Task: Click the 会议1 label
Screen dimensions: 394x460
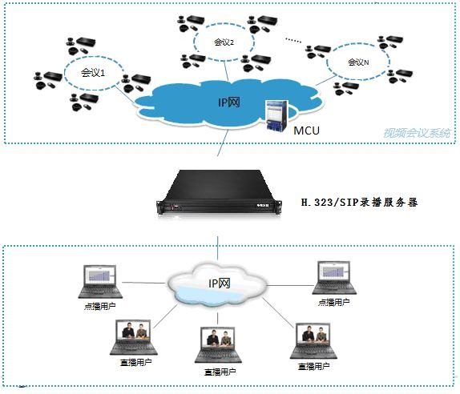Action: (x=93, y=73)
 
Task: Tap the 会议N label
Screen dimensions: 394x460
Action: (x=357, y=62)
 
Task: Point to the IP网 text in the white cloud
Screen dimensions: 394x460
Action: (x=220, y=283)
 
